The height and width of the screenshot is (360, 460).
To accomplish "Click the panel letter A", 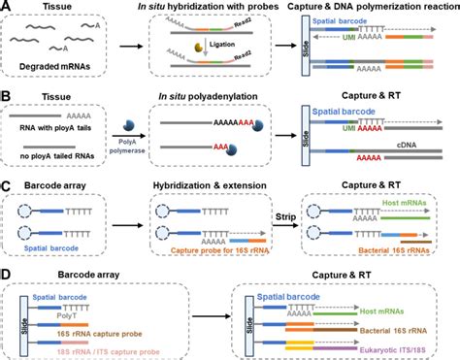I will pos(7,8).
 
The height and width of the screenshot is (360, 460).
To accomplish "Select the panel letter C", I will pos(7,184).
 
